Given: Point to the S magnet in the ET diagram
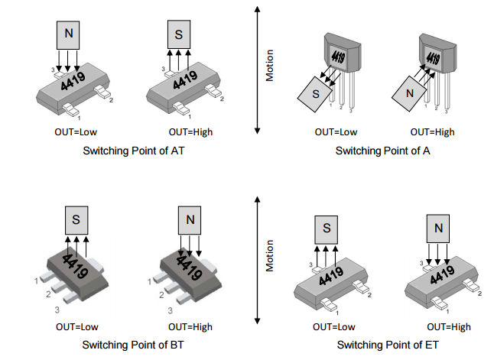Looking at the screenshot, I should click(326, 229).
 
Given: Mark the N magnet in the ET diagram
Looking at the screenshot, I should click(438, 228).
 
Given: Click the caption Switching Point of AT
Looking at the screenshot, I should click(133, 151).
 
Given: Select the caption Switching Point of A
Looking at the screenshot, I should click(382, 151).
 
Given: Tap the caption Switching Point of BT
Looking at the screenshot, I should click(133, 344).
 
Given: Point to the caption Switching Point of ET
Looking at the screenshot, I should click(382, 344).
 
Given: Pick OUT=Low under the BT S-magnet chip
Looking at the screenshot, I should click(75, 327).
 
